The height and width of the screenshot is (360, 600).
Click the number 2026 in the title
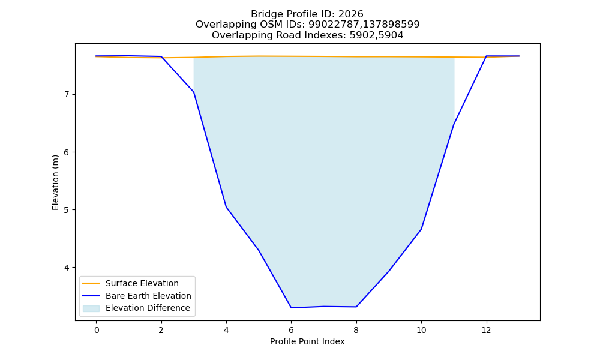[350, 14]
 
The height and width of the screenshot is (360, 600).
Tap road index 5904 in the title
[391, 35]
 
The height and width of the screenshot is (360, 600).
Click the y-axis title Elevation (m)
[55, 182]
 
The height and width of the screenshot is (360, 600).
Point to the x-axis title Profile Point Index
[307, 341]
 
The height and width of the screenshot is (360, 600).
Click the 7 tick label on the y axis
[67, 94]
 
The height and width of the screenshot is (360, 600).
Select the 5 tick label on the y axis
[67, 210]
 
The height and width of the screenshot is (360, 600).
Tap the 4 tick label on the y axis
[67, 268]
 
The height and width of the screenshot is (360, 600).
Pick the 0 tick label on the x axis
[97, 330]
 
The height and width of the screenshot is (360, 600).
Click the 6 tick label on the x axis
[291, 330]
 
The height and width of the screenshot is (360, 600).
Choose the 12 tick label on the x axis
[487, 330]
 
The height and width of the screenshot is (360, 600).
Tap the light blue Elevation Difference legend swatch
[91, 308]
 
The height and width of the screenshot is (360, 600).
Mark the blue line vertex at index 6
[291, 308]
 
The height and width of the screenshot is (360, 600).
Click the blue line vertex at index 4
[226, 207]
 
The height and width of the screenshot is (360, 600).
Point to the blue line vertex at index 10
[421, 229]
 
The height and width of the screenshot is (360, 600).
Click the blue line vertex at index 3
[194, 92]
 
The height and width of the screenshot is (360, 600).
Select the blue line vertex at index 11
[454, 124]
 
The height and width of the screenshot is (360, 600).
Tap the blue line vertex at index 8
[356, 307]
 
